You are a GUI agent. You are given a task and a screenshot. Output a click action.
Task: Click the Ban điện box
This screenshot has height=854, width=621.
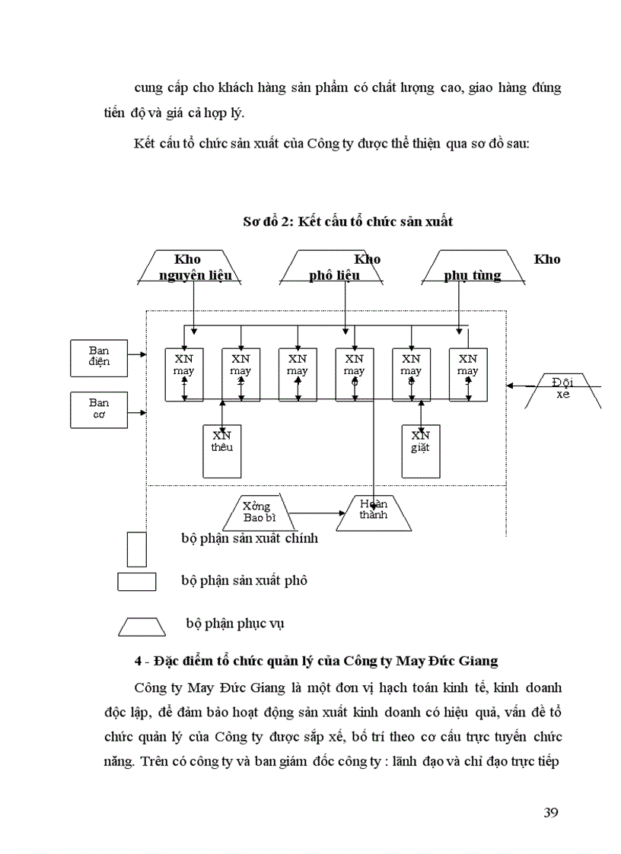coord(98,357)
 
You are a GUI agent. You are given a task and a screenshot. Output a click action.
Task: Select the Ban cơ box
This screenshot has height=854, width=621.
coord(98,408)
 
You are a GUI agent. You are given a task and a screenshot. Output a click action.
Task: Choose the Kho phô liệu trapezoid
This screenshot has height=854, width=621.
coord(333,267)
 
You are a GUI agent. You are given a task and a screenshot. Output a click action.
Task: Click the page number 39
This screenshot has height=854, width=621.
coord(552,813)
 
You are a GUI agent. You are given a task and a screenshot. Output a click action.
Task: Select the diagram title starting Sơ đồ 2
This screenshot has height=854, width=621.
coord(347,221)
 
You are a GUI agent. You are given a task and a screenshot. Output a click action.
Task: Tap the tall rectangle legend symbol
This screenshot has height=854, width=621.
coord(137,548)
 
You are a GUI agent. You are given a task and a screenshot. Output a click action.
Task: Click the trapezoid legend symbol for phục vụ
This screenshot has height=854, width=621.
coord(142,626)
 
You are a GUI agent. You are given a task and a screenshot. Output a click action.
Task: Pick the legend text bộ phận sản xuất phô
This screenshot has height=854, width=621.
coord(244,580)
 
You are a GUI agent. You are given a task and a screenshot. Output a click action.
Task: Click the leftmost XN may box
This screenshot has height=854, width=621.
coord(183,374)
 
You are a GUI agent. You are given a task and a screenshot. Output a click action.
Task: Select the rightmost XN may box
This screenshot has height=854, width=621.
coord(468,374)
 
